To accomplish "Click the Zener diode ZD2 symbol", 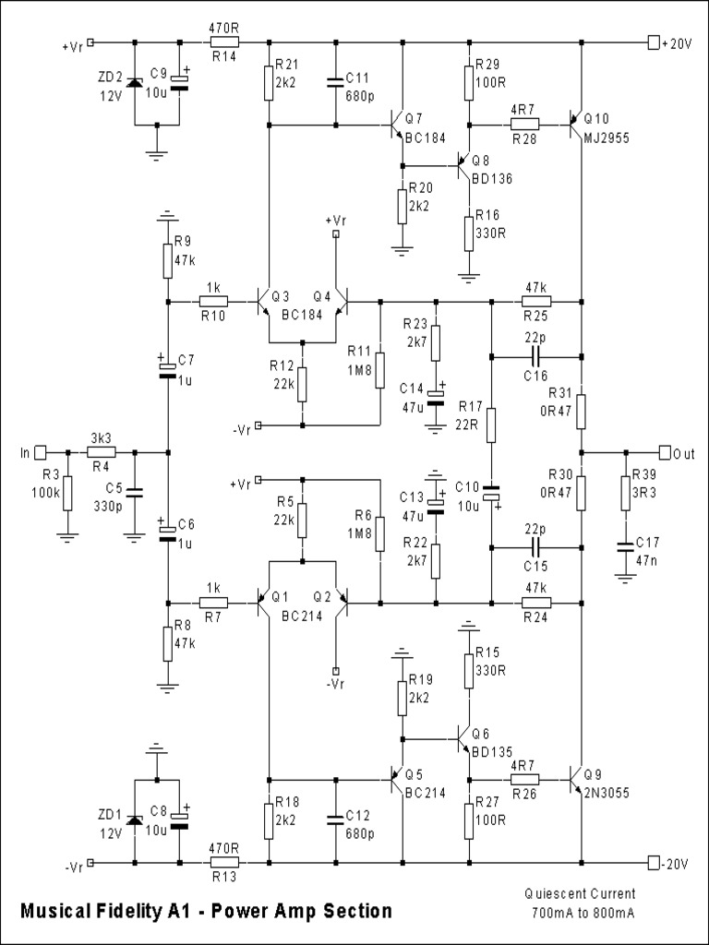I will [x=135, y=83].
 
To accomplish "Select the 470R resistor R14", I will [x=223, y=42].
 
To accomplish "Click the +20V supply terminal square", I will [x=655, y=42].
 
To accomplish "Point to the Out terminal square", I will [x=665, y=452].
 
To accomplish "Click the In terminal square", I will [x=40, y=452].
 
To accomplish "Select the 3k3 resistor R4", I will [x=102, y=452].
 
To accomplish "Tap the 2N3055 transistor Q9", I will [x=576, y=781].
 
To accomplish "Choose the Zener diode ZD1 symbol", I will [x=135, y=820].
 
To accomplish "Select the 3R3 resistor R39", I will [x=626, y=493].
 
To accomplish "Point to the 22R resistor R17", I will [x=492, y=425].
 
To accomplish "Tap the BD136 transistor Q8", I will [x=466, y=166].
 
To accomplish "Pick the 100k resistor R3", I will [x=67, y=494].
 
